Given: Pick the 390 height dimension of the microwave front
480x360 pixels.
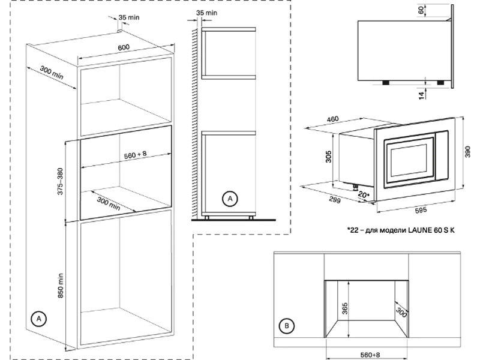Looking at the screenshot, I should tap(469, 153).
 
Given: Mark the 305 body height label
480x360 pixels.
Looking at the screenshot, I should tap(329, 157).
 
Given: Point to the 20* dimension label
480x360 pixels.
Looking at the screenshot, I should tap(364, 195).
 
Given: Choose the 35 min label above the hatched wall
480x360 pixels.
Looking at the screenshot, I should tap(206, 12).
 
